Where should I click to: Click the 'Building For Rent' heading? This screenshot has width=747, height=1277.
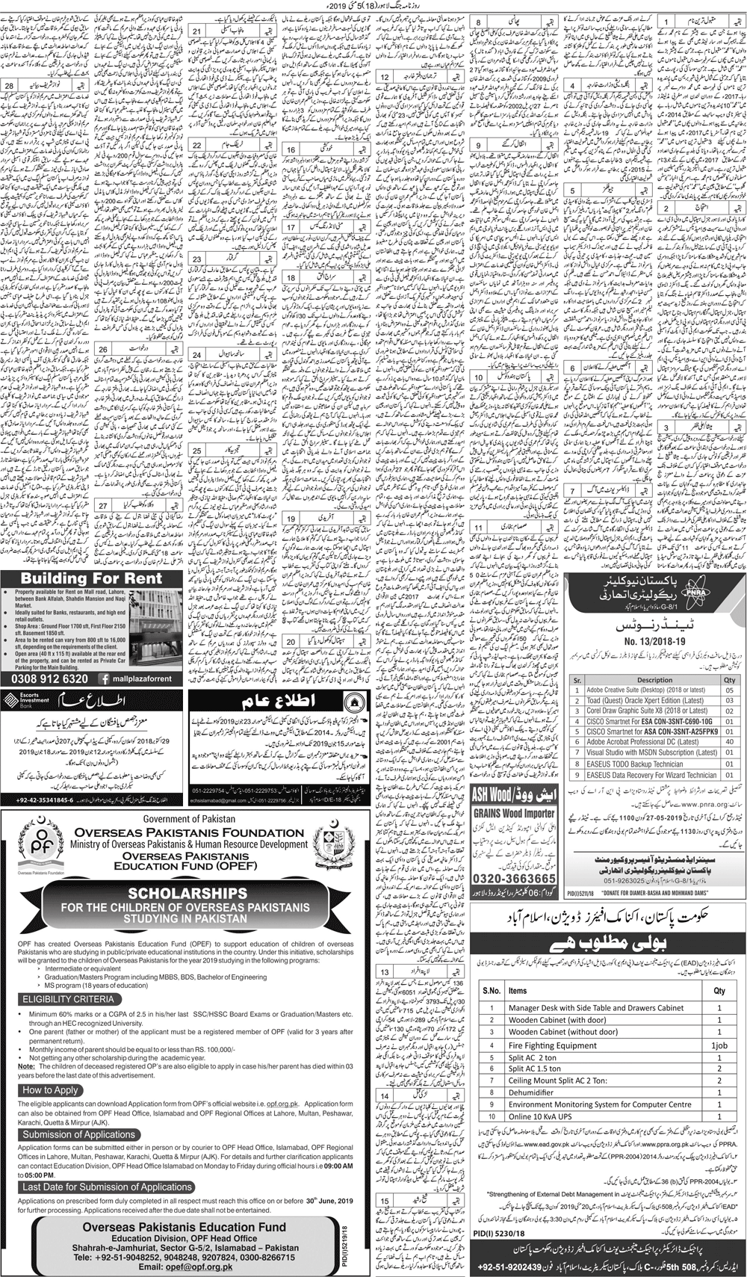(91, 578)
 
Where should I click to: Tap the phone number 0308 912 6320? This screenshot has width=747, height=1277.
(49, 678)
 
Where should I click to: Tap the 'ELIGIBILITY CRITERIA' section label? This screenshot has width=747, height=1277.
(69, 998)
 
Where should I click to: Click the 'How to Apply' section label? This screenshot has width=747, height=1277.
(51, 1090)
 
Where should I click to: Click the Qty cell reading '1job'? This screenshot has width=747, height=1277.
(719, 1045)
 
